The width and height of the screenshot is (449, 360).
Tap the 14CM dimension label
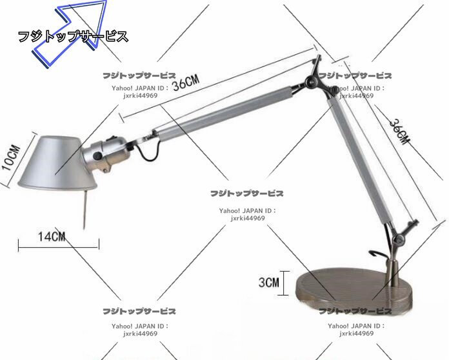pyautogui.click(x=52, y=236)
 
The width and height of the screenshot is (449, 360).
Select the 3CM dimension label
pyautogui.click(x=268, y=282)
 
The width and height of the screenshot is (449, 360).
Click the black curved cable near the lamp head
pyautogui.click(x=150, y=150)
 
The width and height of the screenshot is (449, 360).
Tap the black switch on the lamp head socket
pyautogui.click(x=117, y=140)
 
